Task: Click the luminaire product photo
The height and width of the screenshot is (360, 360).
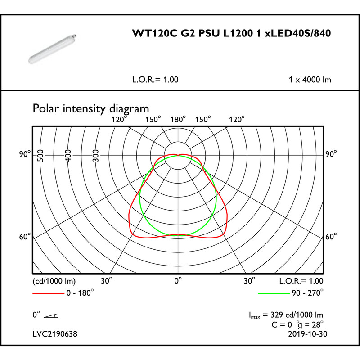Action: pyautogui.click(x=52, y=49)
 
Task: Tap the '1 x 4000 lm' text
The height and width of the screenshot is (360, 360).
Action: pyautogui.click(x=310, y=80)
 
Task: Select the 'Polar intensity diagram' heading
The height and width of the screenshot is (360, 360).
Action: pyautogui.click(x=91, y=108)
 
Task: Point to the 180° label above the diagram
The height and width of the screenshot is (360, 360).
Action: pyautogui.click(x=178, y=120)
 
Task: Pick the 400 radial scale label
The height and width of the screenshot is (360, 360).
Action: pyautogui.click(x=68, y=156)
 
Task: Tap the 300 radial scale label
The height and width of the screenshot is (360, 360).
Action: pyautogui.click(x=96, y=156)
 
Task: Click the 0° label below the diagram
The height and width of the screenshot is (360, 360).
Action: pyautogui.click(x=178, y=280)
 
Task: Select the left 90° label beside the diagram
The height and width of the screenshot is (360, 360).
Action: pyautogui.click(x=25, y=154)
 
